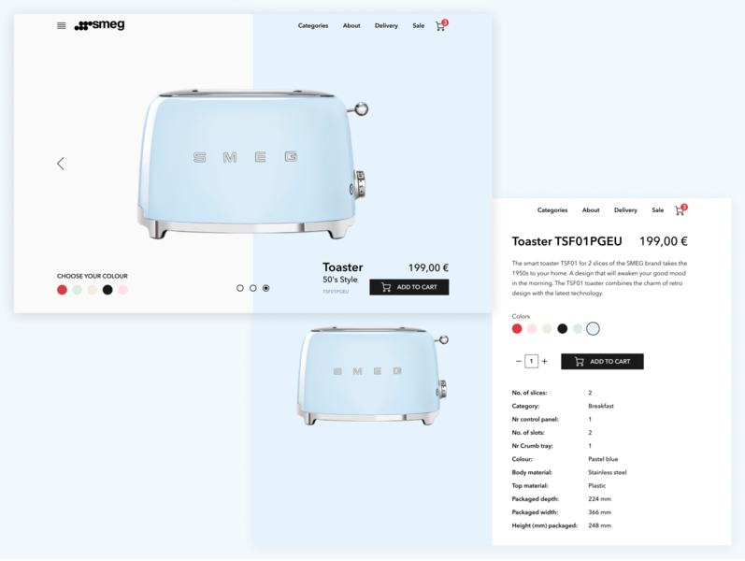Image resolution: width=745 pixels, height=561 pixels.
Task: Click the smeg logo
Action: [99, 25]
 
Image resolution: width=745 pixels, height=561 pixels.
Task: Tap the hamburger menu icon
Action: [62, 25]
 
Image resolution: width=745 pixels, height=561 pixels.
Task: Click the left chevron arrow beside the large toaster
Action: [61, 164]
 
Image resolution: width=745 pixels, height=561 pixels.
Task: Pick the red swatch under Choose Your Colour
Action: [62, 290]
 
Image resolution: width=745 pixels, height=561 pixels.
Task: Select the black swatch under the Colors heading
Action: [562, 328]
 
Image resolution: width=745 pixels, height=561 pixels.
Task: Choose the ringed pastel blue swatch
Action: [593, 328]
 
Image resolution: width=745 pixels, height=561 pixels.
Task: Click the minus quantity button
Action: [518, 362]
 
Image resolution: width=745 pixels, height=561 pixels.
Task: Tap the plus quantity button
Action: [545, 362]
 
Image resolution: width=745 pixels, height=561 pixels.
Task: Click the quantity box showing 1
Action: [531, 362]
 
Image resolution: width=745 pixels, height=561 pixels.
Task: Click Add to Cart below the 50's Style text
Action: [408, 287]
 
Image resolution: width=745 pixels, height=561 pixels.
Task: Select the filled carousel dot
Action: [266, 288]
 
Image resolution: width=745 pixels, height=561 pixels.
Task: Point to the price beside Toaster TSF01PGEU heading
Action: [663, 240]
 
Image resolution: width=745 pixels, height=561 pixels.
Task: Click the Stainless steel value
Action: [607, 472]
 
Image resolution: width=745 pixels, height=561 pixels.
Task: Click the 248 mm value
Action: [599, 525]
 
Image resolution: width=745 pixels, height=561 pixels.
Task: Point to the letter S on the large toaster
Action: [199, 157]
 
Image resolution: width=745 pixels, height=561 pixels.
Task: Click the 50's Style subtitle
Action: [340, 280]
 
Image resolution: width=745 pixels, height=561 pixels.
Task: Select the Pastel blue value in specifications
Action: [603, 459]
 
